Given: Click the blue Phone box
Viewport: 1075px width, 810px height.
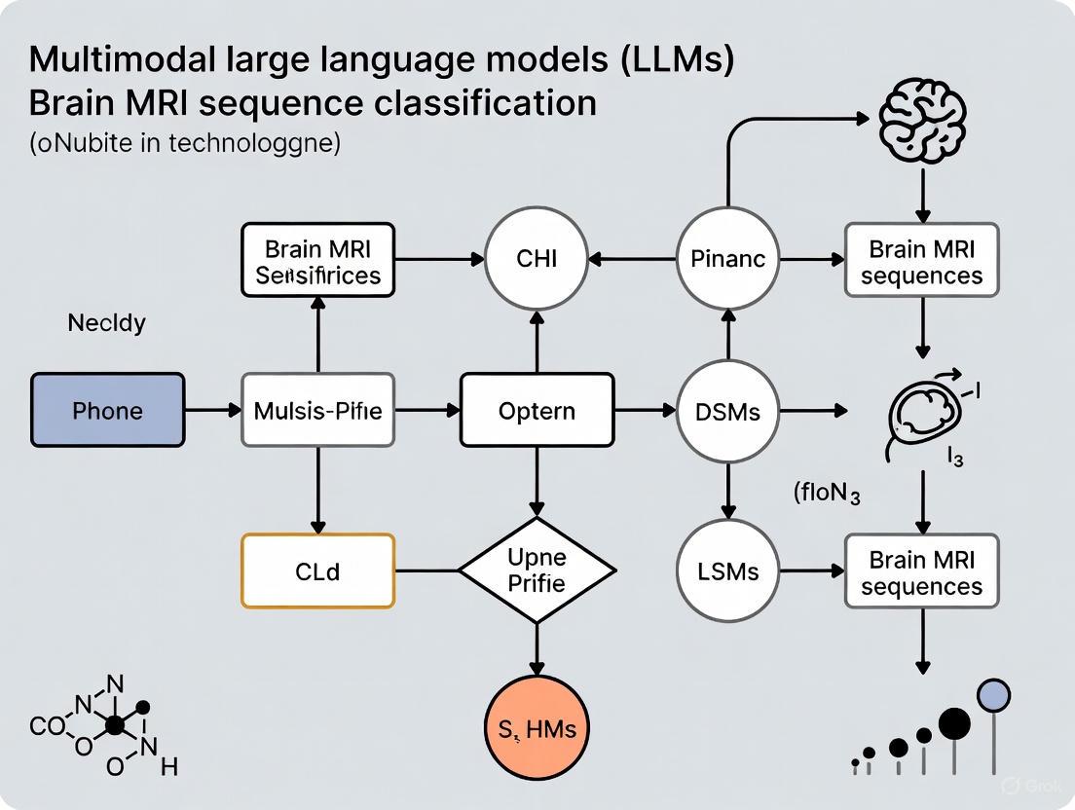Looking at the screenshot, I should [107, 410].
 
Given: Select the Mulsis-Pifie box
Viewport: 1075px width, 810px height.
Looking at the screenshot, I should [317, 410].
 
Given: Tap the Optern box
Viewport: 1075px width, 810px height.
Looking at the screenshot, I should [537, 410].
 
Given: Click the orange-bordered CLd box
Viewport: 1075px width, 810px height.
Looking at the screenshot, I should [317, 571].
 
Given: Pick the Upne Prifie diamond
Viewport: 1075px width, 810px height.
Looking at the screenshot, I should [537, 571].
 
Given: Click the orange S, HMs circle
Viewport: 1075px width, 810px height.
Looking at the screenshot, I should [537, 727].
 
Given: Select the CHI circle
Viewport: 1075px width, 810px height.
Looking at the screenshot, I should [537, 259].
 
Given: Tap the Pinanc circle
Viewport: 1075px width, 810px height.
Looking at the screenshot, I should [727, 259].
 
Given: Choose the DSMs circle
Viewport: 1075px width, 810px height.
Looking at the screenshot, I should [727, 410].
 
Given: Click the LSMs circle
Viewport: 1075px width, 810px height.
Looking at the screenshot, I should [727, 571].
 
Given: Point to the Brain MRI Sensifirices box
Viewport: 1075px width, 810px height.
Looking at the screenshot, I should [317, 260].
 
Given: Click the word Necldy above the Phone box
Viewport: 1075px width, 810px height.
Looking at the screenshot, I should [106, 323].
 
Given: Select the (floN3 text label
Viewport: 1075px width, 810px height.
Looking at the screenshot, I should [826, 493].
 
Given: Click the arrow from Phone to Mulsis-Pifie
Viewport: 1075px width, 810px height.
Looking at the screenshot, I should [212, 410].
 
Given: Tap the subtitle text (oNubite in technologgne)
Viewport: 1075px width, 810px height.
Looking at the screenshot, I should [185, 143].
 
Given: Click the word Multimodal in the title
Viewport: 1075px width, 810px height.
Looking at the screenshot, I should [120, 59].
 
